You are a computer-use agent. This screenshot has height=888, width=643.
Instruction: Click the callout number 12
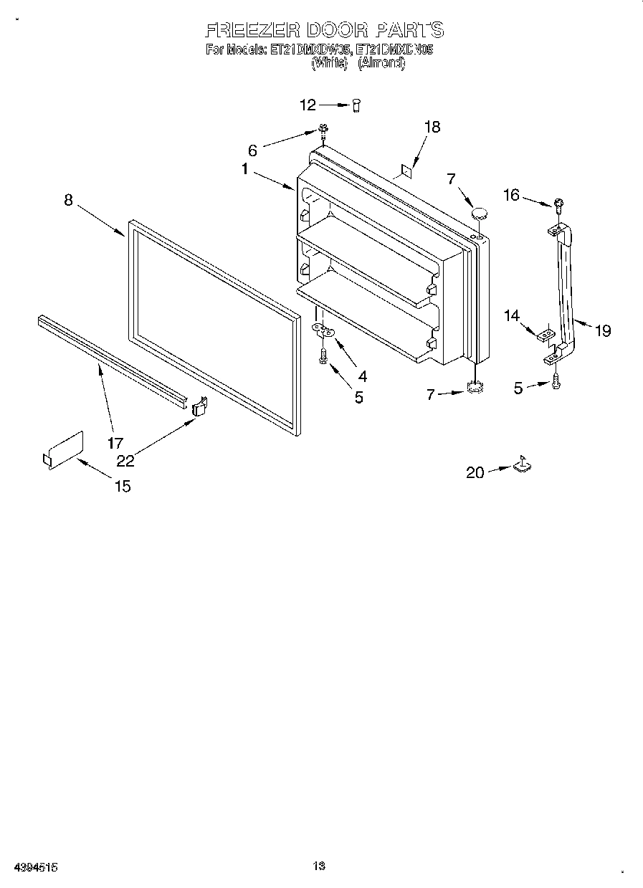[x=308, y=105]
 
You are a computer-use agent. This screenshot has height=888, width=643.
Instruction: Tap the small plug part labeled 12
[x=356, y=105]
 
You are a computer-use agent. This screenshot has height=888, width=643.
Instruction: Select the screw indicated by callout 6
[x=323, y=130]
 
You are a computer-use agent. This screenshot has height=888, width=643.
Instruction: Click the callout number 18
[x=432, y=127]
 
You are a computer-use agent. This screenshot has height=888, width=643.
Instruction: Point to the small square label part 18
[x=406, y=170]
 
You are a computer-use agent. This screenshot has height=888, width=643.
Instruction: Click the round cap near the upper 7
[x=480, y=213]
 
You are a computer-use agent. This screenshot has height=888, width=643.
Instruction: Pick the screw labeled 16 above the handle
[x=558, y=204]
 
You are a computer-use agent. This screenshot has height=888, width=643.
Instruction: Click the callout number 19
[x=603, y=330]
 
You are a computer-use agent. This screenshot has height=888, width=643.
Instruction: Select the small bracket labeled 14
[x=546, y=333]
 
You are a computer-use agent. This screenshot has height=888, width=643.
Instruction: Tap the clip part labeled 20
[x=523, y=465]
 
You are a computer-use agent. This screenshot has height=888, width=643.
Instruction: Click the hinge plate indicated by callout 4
[x=325, y=330]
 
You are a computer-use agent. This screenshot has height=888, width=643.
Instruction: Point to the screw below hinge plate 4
[x=324, y=355]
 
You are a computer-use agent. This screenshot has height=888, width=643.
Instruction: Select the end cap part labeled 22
[x=199, y=406]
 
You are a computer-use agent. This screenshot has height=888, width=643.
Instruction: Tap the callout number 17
[x=115, y=443]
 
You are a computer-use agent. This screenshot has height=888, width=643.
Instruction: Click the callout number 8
[x=68, y=200]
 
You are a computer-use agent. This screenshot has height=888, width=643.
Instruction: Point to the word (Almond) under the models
[x=381, y=63]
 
